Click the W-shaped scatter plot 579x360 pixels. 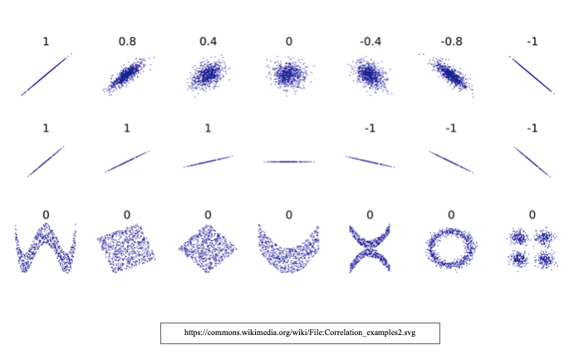click(x=46, y=247)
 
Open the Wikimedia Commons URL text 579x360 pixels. click(x=299, y=333)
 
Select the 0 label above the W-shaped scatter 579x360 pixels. click(x=46, y=215)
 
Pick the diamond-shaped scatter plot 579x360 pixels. click(x=208, y=248)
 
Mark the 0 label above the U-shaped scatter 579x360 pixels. click(x=288, y=215)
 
